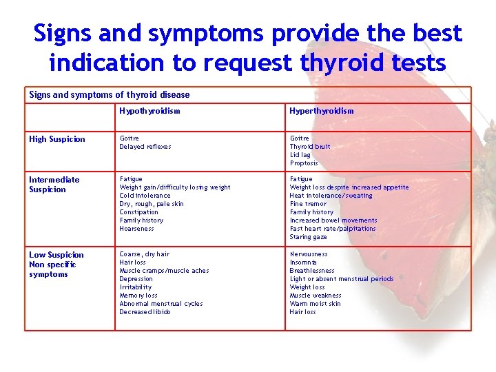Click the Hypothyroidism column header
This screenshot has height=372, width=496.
149,111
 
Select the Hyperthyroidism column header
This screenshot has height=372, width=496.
321,111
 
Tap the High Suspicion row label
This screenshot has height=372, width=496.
57,139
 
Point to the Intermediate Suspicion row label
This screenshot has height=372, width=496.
54,185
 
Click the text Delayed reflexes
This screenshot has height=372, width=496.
145,147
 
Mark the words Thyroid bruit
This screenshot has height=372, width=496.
310,147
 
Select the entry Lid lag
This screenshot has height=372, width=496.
300,155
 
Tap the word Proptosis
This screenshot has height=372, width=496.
304,163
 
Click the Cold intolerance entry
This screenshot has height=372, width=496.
145,196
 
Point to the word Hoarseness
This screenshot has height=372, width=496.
137,229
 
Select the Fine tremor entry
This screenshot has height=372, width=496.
308,204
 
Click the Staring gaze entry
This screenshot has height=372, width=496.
308,237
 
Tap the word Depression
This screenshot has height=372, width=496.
136,279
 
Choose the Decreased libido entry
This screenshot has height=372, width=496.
145,312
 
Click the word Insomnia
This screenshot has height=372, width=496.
303,262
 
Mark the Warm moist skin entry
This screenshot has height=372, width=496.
315,304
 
